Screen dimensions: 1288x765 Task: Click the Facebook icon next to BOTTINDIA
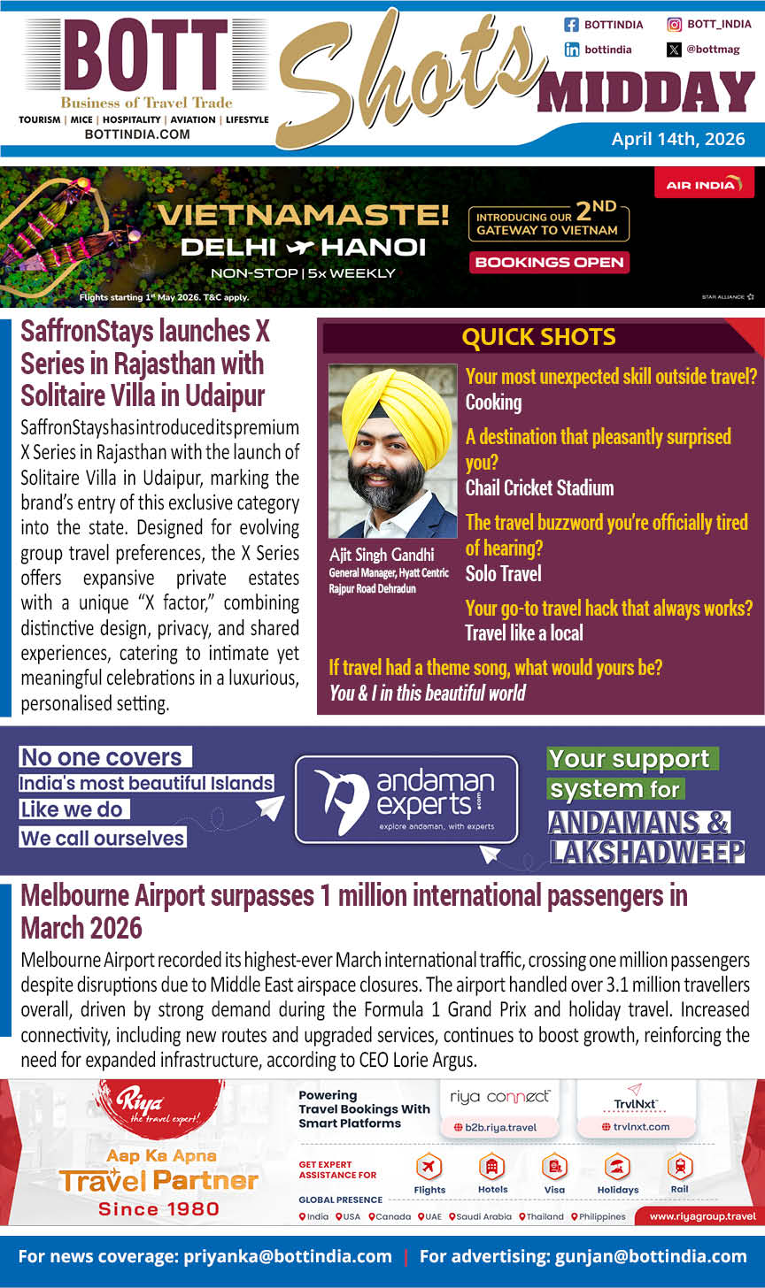click(571, 25)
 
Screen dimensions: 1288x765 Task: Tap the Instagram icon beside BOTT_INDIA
click(675, 25)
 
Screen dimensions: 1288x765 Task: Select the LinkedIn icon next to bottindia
click(571, 50)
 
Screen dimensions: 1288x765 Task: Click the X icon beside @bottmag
click(675, 50)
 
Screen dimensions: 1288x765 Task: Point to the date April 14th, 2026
click(678, 139)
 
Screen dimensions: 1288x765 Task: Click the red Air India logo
click(704, 184)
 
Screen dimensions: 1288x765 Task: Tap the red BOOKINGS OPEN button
click(549, 262)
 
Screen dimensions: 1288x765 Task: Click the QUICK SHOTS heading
click(538, 337)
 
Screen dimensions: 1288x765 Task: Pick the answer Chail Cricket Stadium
click(539, 487)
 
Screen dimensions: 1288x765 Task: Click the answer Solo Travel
click(503, 573)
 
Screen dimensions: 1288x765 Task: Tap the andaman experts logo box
click(406, 799)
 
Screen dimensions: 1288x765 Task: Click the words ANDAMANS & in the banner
click(637, 823)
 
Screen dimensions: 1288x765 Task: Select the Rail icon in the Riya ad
click(680, 1167)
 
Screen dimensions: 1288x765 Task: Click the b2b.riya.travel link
click(494, 1127)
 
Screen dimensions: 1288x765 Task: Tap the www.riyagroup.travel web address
click(701, 1216)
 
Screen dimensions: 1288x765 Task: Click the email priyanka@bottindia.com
click(288, 1256)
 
